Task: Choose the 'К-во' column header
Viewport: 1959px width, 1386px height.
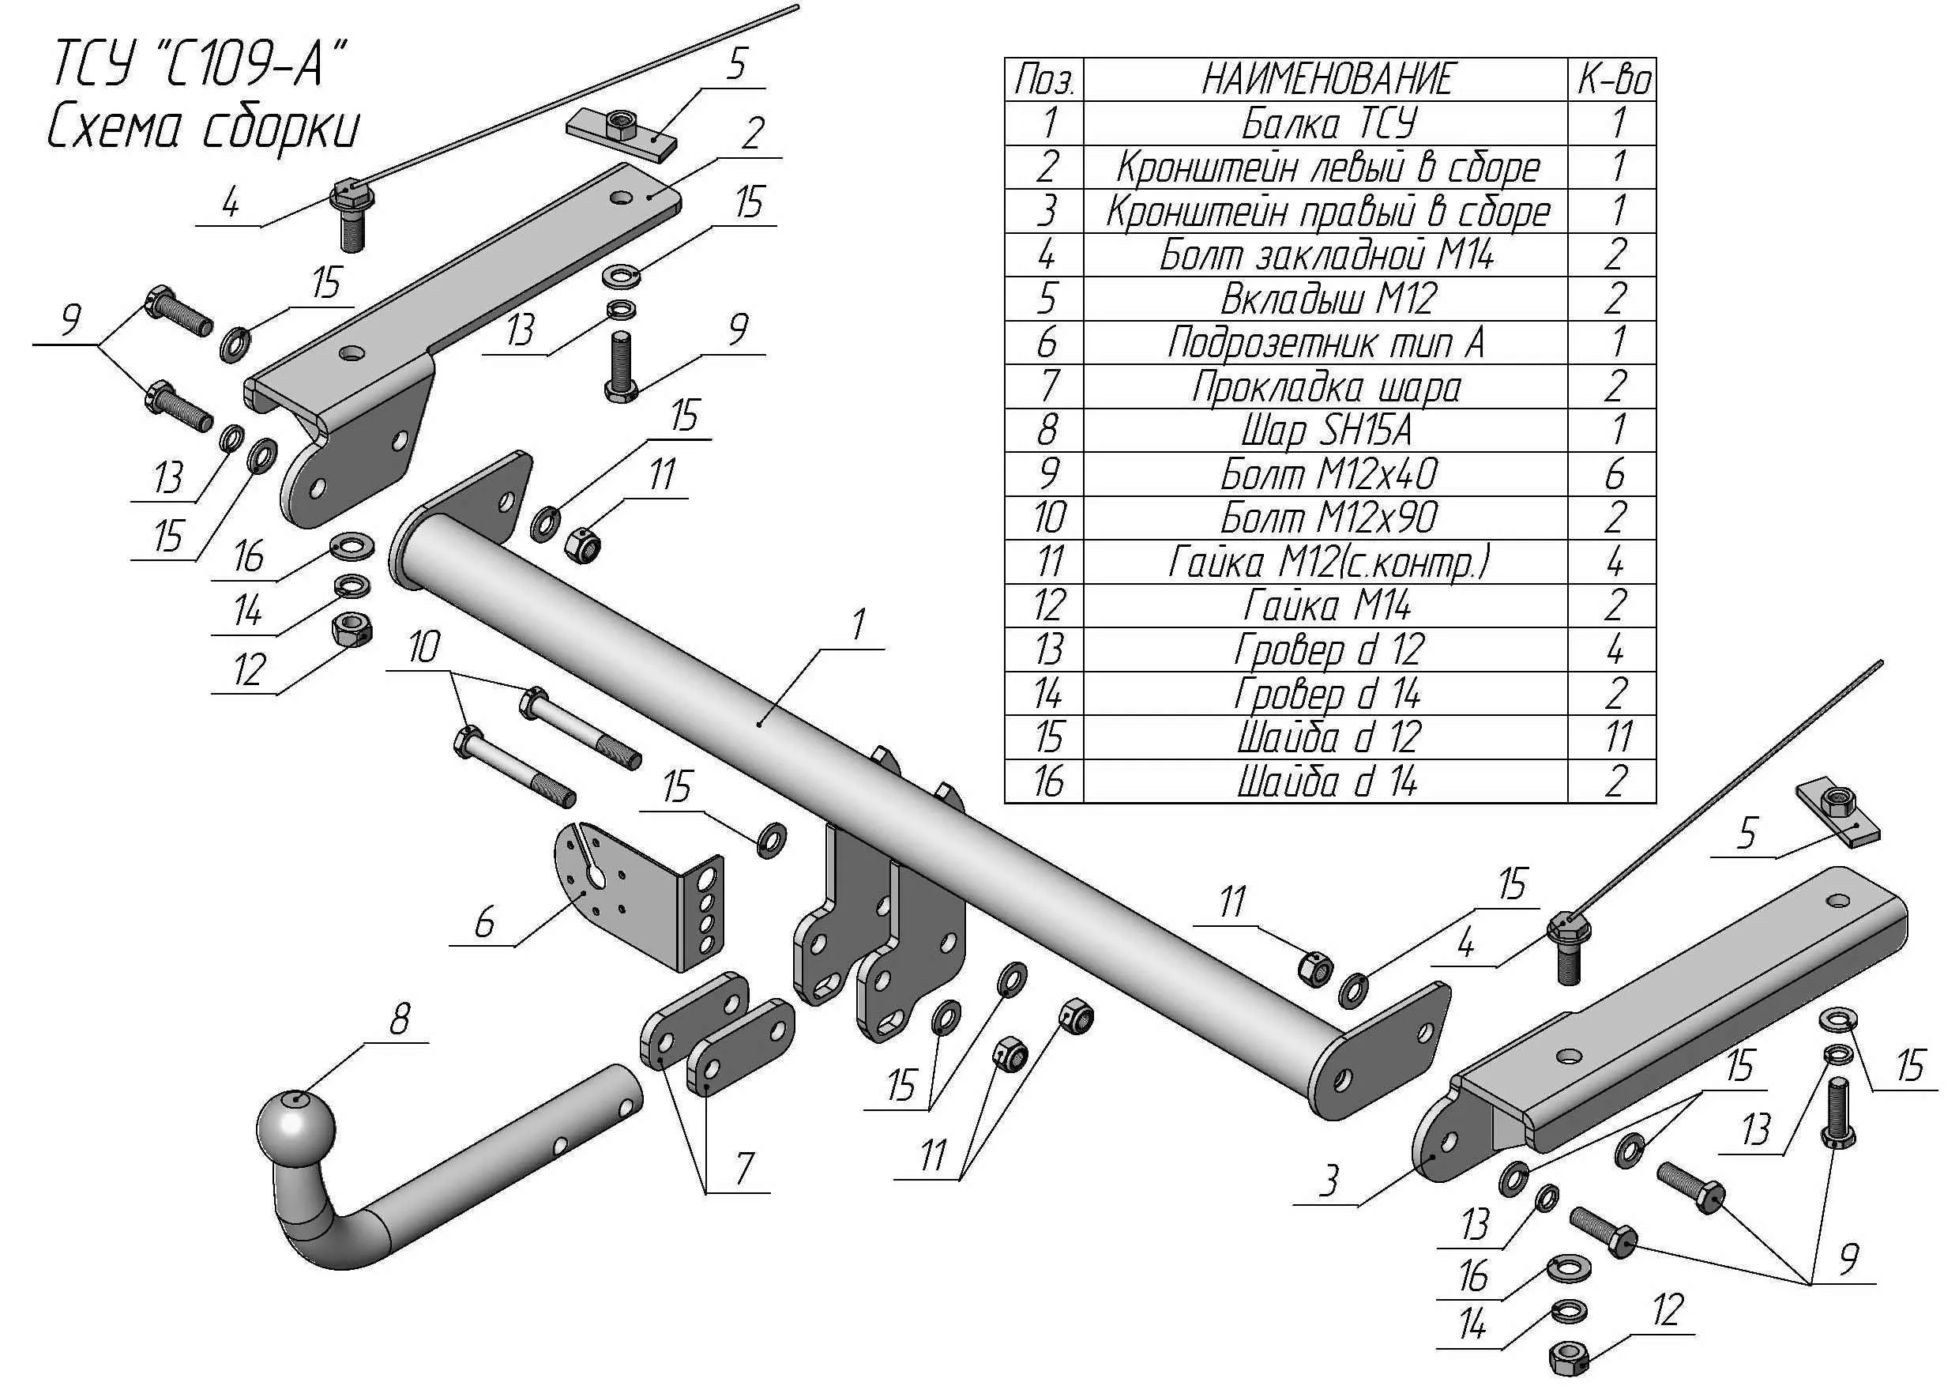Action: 1612,79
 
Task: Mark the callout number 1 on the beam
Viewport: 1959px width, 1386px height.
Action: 859,625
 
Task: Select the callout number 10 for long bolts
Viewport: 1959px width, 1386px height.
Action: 424,648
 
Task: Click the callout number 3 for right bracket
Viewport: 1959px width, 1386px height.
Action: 1329,1182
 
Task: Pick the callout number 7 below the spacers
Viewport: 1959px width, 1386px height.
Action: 745,1168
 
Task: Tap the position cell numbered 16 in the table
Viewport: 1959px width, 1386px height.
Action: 1046,781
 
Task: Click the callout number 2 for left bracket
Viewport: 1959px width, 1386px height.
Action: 752,134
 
